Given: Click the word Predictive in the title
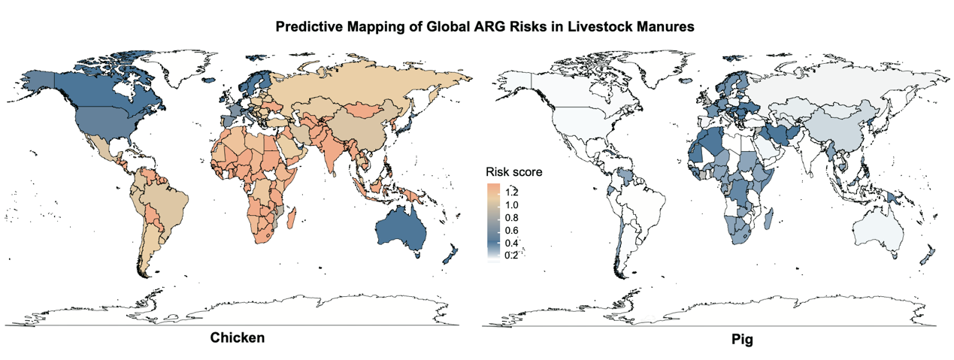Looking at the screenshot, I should pyautogui.click(x=306, y=27).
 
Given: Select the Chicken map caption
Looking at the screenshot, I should pyautogui.click(x=236, y=338).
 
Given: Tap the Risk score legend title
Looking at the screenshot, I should pyautogui.click(x=513, y=172).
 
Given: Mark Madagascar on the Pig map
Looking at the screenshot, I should pyautogui.click(x=769, y=217).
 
